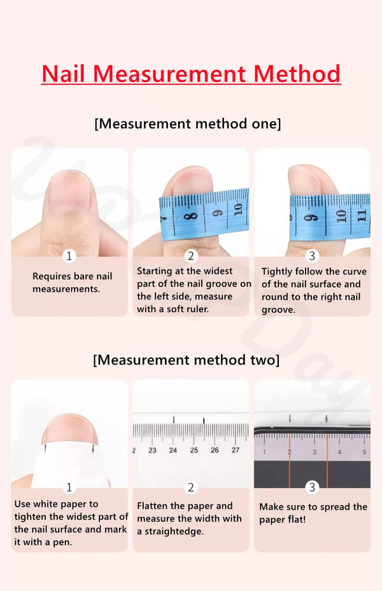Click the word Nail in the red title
point(63,74)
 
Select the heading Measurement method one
point(188,123)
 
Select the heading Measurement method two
point(187,360)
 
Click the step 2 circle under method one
point(191,256)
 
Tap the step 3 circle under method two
point(312,487)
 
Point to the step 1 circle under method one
point(69,256)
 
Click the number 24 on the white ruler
point(173,450)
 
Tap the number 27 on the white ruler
point(236,450)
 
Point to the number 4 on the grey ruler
point(339,452)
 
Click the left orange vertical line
point(289,461)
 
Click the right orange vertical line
point(327,461)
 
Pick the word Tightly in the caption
point(277,272)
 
